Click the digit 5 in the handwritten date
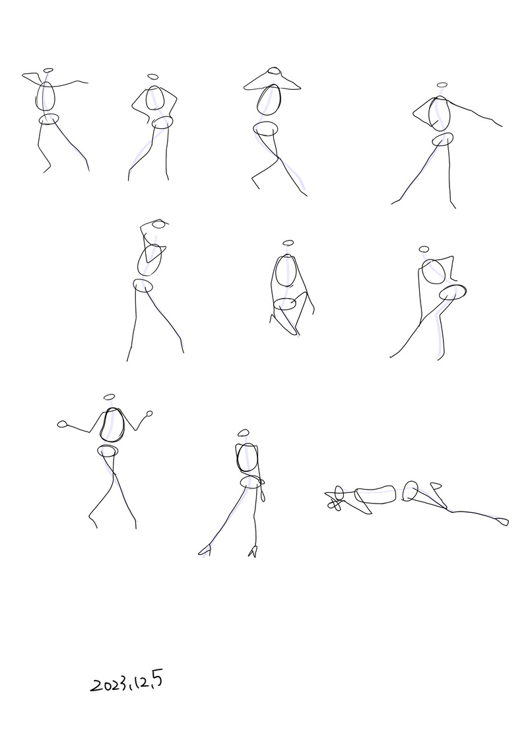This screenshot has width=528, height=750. pyautogui.click(x=157, y=680)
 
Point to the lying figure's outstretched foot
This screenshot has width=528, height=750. pyautogui.click(x=502, y=521)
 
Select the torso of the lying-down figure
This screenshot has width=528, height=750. pyautogui.click(x=375, y=495)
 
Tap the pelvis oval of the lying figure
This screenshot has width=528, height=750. pyautogui.click(x=410, y=491)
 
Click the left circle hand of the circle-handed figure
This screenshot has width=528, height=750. pyautogui.click(x=62, y=424)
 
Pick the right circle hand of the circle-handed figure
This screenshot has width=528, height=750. pyautogui.click(x=150, y=414)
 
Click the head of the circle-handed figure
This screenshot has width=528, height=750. pyautogui.click(x=110, y=397)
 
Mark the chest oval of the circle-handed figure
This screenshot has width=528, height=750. pyautogui.click(x=112, y=425)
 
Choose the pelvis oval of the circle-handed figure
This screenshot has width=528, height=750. pyautogui.click(x=108, y=451)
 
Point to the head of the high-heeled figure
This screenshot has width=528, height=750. pyautogui.click(x=244, y=433)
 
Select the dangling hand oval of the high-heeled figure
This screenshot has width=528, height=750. pyautogui.click(x=263, y=494)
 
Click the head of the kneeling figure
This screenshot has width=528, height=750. pyautogui.click(x=288, y=243)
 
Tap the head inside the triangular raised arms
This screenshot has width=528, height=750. pyautogui.click(x=274, y=72)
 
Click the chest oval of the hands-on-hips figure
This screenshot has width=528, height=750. pyautogui.click(x=154, y=98)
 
